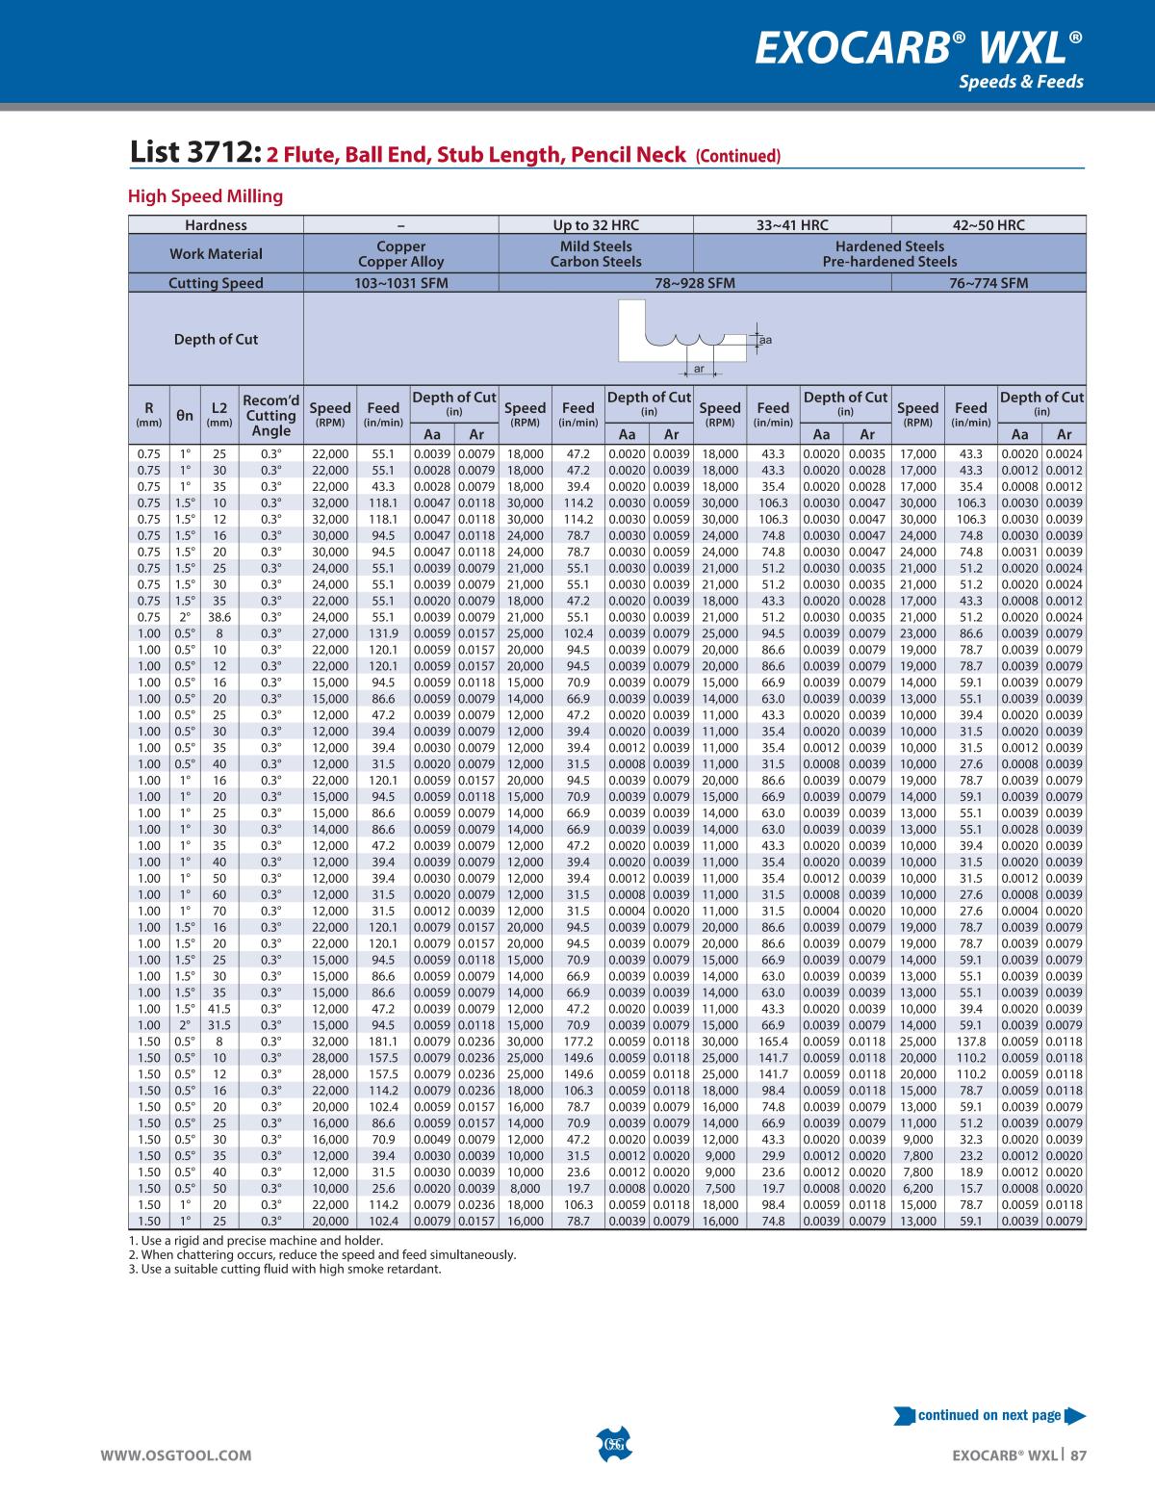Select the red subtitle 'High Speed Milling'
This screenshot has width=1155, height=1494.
coord(206,196)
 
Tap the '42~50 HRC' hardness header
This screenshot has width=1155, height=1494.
coord(988,225)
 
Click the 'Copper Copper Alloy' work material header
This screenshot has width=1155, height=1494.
coord(401,254)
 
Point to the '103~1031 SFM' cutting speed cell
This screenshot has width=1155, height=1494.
coord(401,283)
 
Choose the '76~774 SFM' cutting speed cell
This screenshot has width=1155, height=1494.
coord(988,283)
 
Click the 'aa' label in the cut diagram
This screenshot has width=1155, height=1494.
coord(765,340)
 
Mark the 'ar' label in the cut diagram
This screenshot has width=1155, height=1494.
coord(699,369)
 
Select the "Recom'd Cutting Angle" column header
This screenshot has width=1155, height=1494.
coord(270,416)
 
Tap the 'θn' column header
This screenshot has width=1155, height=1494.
coord(185,416)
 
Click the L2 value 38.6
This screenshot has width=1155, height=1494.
coord(220,617)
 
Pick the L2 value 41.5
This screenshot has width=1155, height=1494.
coord(220,1009)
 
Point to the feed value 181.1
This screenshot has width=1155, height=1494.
coord(383,1042)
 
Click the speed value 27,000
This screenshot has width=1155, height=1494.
coord(329,633)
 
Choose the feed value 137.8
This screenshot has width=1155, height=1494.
coord(971,1042)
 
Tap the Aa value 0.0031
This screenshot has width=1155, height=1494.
coord(1020,552)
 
